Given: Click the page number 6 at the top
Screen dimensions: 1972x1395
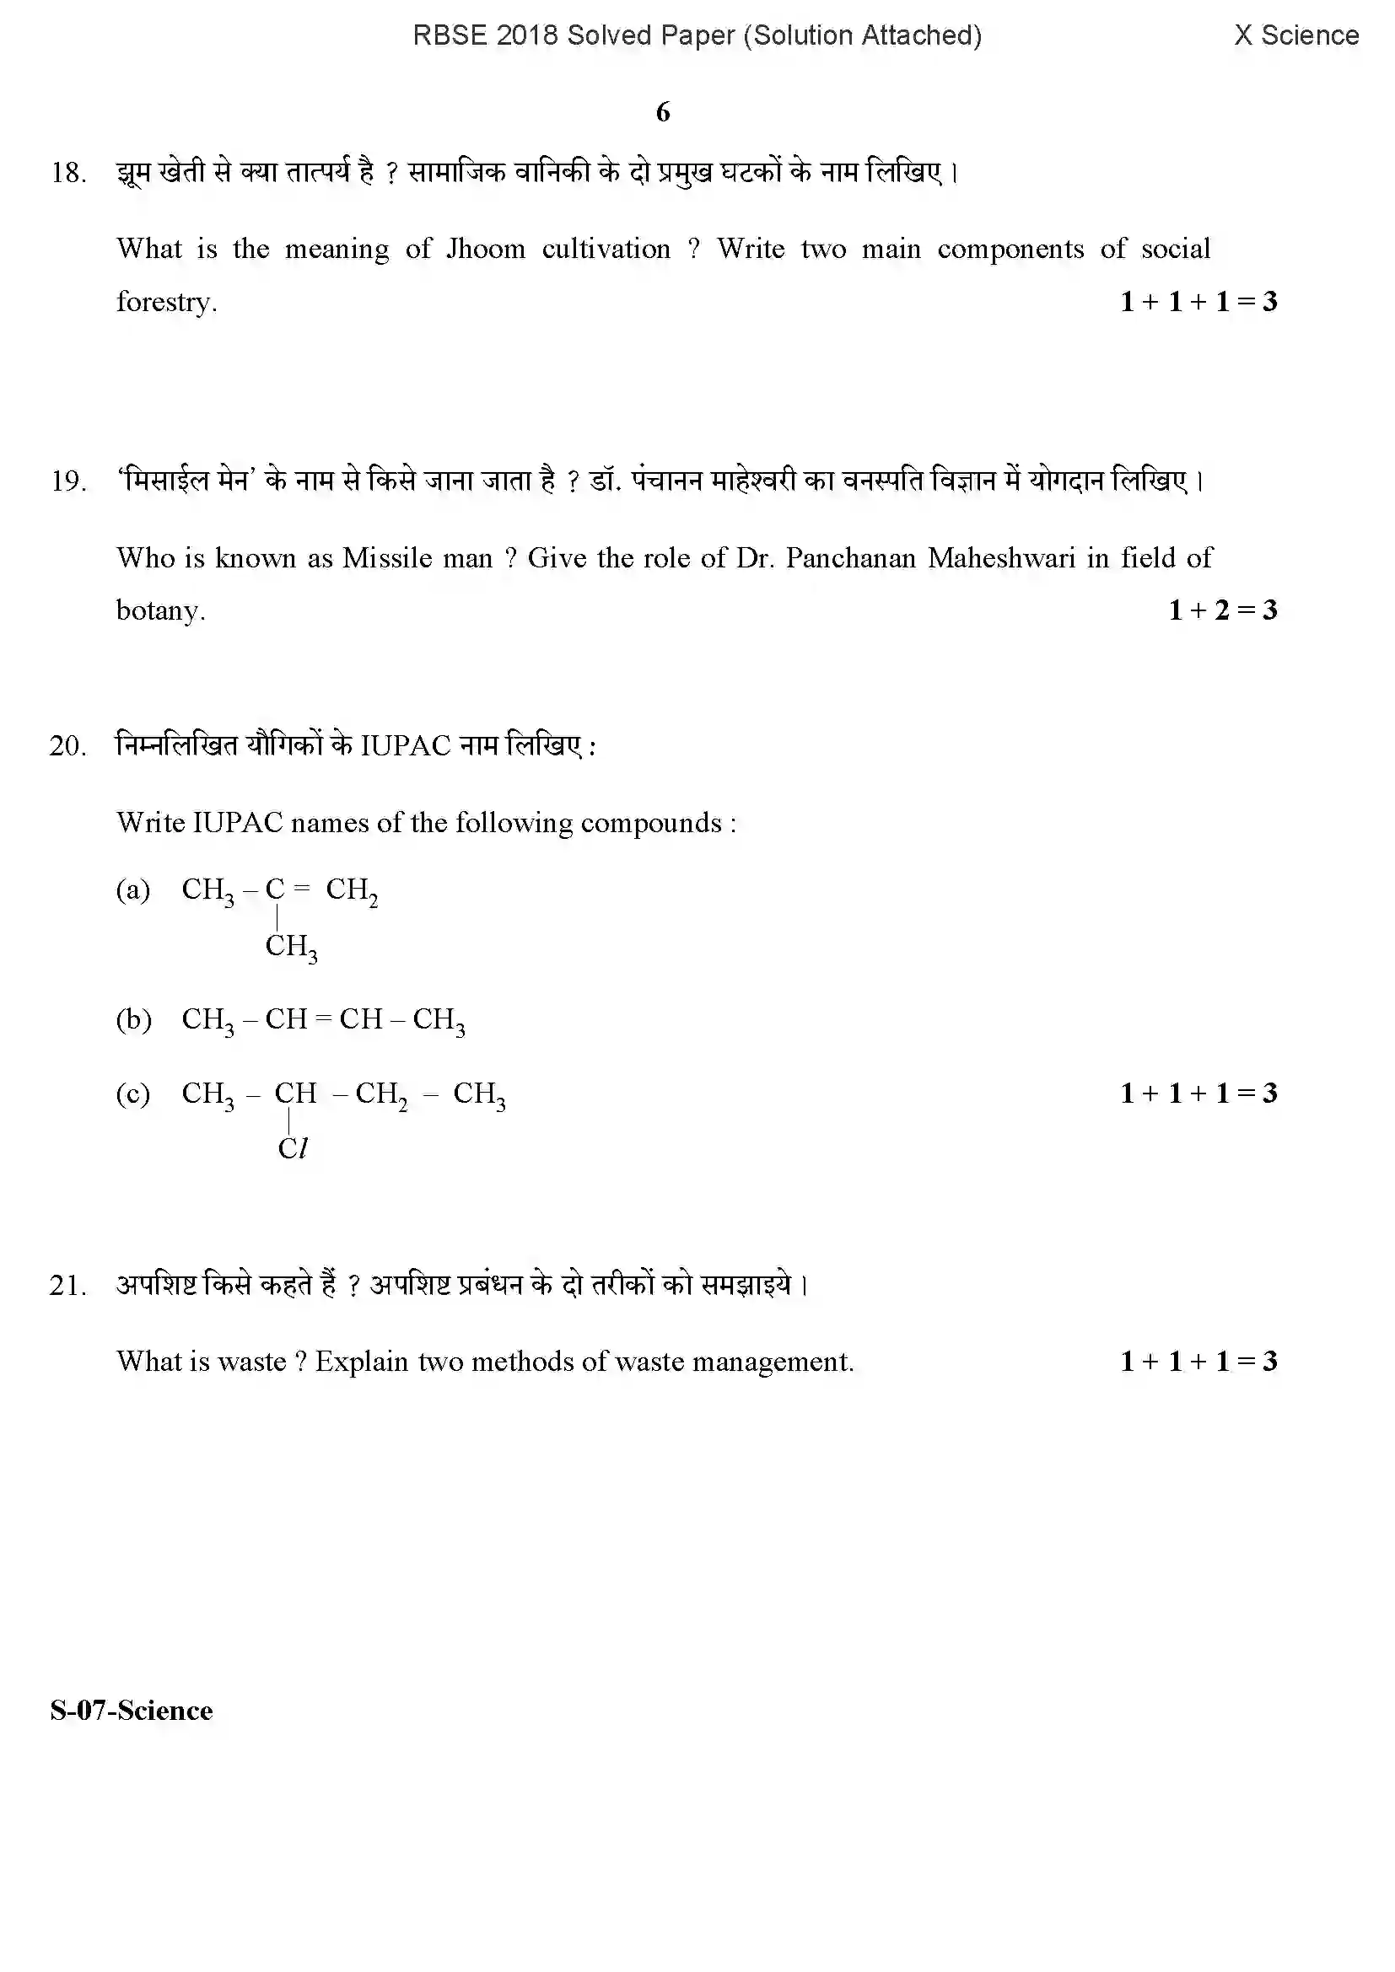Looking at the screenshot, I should pos(663,112).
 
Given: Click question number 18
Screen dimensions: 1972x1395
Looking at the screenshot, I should pos(68,174).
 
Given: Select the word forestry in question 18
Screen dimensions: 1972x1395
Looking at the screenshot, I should pos(166,303).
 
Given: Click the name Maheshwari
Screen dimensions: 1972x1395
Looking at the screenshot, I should pos(1001,558).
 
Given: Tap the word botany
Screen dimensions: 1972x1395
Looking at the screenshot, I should pos(159,610).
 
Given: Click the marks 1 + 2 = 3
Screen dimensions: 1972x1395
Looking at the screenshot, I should pos(1222,610).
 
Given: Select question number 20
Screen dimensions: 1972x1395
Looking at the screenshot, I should pos(67,746).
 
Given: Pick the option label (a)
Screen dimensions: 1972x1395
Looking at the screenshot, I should pos(133,889).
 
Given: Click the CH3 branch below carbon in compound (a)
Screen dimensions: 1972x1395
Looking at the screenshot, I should pos(291,948).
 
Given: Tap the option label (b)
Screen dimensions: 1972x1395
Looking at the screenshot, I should pos(133,1019).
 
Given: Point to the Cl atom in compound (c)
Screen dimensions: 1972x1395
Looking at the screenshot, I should pos(292,1149).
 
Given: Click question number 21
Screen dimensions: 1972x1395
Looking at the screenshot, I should pos(67,1287).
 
